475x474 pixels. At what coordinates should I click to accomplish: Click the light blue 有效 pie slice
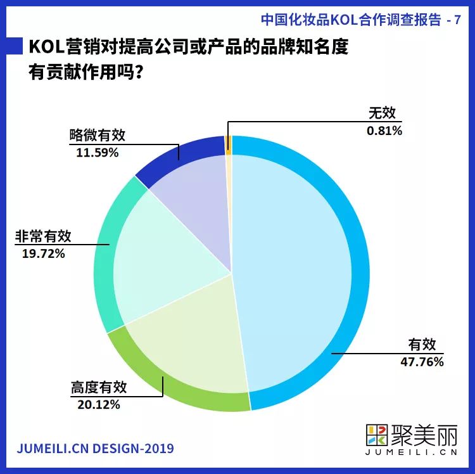tap(298, 266)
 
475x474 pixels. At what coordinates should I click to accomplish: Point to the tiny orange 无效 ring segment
tap(229, 145)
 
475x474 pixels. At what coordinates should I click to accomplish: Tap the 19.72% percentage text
tap(39, 253)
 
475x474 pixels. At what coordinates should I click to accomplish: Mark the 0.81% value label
tap(384, 131)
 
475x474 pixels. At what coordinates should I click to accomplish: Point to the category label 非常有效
tap(44, 236)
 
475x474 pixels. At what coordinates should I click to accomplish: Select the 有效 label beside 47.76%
tap(422, 345)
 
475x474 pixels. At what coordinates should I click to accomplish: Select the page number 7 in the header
tap(457, 20)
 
